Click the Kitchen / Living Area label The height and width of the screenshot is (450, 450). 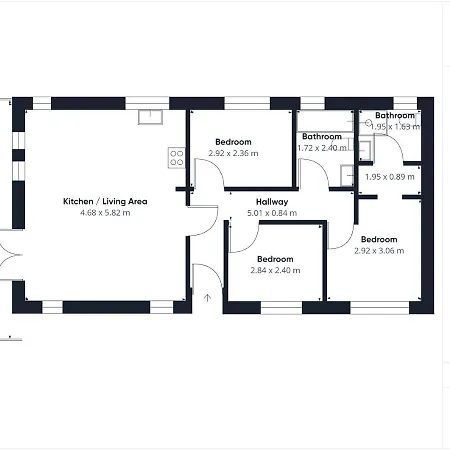[105, 201]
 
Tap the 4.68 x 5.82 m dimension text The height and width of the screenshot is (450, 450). [105, 213]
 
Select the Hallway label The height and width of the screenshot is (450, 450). [272, 202]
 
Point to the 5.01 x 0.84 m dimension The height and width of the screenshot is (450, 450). [272, 213]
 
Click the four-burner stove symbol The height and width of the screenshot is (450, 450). [177, 158]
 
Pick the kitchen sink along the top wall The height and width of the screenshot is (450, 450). [150, 117]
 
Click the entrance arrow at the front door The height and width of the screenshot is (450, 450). [207, 298]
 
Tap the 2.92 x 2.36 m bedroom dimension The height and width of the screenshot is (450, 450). [233, 153]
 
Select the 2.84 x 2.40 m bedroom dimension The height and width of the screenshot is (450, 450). [275, 270]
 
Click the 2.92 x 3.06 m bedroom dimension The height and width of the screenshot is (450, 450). [379, 251]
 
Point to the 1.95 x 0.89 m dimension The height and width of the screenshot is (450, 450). [390, 177]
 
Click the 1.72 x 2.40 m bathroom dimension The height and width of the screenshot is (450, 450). [322, 148]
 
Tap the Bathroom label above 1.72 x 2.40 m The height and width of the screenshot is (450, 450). [322, 137]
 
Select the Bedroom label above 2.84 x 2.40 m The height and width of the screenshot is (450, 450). [275, 259]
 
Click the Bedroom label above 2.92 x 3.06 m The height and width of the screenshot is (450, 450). [379, 239]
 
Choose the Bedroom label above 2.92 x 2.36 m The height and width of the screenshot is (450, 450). [233, 142]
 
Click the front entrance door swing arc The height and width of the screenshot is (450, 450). [213, 269]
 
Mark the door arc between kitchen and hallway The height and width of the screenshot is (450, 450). [211, 227]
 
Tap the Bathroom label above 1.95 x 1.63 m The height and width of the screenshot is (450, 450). [395, 115]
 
